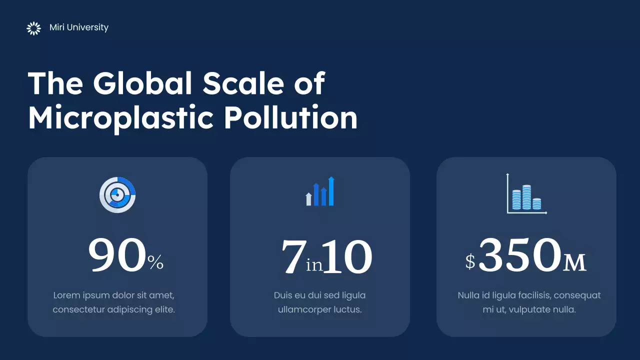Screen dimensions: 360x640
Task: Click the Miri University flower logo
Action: pos(33,28)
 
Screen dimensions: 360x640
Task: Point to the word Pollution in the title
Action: pos(290,118)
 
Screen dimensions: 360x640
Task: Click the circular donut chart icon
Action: pos(117,195)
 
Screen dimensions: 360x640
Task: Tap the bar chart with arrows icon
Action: pos(320,191)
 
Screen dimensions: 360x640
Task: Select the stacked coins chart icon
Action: pos(526,194)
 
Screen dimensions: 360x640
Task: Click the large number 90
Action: pos(117,255)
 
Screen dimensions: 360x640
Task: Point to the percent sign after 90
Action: pos(155,262)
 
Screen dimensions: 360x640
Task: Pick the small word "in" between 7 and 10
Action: pos(314,265)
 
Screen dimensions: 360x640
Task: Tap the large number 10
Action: pos(347,257)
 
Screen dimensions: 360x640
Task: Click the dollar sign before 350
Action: pos(470,261)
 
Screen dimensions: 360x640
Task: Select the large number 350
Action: pos(519,255)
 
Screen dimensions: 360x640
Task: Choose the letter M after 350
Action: pos(574,262)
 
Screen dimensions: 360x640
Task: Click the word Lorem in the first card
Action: pos(66,295)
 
